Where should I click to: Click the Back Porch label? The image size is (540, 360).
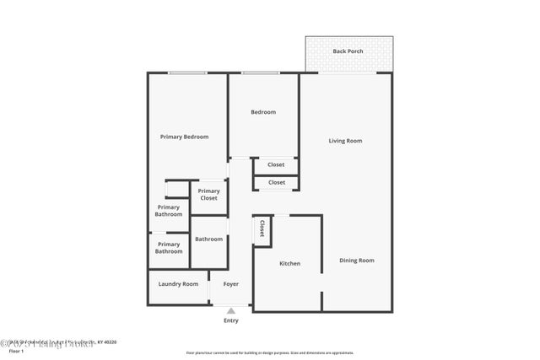coord(348,51)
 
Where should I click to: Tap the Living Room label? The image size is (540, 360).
coord(345,141)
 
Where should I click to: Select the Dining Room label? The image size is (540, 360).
coord(356,261)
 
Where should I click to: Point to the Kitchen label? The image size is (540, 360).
coord(289,264)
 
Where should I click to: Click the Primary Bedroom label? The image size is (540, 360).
coord(185,137)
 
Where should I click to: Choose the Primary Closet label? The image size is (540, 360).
coord(208,194)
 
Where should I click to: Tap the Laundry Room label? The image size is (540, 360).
coord(178,283)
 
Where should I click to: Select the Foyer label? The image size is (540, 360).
coord(230,283)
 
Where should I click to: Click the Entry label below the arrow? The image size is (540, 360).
coord(230,320)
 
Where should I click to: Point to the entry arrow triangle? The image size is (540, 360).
coord(230,310)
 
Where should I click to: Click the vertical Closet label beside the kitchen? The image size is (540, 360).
coord(262,228)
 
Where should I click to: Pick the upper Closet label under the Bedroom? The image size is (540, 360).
coord(276,164)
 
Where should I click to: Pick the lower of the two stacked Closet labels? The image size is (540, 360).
coord(276,182)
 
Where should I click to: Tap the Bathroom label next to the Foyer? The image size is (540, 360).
coord(208,239)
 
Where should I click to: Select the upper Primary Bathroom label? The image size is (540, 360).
coord(169,211)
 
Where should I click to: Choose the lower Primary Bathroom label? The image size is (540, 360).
coord(169,247)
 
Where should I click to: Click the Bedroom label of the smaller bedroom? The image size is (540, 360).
coord(262,112)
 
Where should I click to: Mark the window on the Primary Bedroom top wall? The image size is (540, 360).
coord(187,73)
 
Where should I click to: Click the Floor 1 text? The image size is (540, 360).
coord(16,351)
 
